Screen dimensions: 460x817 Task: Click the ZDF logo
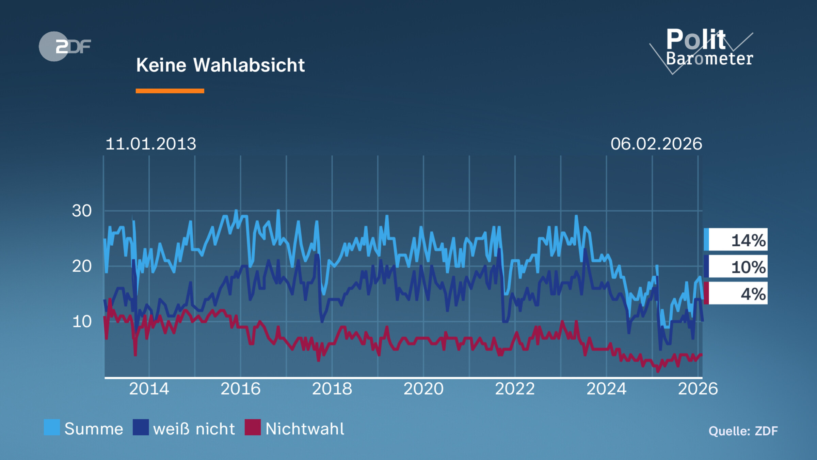[x=65, y=46]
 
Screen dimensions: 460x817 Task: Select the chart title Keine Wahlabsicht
[x=220, y=65]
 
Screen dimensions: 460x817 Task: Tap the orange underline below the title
[x=170, y=91]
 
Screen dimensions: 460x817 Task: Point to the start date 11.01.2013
[x=151, y=144]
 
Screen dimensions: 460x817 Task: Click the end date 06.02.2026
[x=656, y=144]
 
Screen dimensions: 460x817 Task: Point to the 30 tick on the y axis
[x=82, y=211]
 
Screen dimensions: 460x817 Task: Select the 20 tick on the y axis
[x=82, y=266]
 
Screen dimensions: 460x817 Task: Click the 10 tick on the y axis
[x=82, y=322]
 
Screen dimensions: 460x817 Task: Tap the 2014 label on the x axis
[x=149, y=389]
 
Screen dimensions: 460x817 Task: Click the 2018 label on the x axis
[x=332, y=389]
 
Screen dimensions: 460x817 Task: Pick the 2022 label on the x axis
[x=515, y=389]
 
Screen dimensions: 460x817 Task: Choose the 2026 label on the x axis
[x=698, y=389]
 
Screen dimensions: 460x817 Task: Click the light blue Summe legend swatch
[x=52, y=427]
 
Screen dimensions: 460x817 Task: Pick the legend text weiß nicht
[x=194, y=429]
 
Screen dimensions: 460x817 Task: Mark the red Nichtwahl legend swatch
[x=253, y=427]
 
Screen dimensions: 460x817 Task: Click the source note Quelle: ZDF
[x=743, y=431]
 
